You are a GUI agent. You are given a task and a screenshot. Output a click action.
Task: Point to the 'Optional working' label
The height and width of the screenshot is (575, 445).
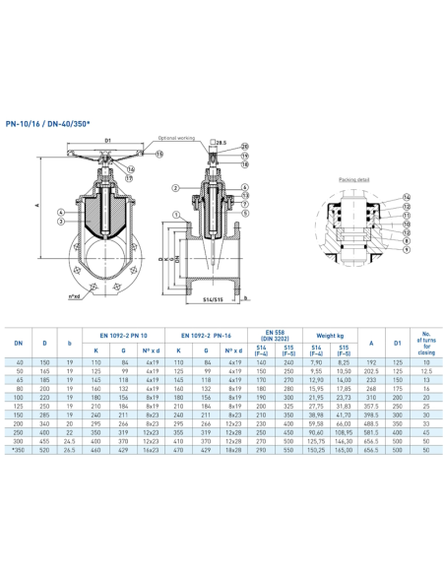pos(176,138)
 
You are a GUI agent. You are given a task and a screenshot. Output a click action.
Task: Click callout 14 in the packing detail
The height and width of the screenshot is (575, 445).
pos(407,197)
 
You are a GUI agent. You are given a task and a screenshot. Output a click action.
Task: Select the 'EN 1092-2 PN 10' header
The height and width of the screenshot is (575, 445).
pos(122,335)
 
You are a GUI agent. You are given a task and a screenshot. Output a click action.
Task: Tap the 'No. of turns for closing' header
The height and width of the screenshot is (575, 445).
pos(426,343)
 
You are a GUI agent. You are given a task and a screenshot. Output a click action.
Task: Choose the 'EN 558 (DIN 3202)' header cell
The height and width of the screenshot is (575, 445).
pos(275,335)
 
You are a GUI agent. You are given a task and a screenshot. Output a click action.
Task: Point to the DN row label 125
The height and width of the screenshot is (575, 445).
pos(18,405)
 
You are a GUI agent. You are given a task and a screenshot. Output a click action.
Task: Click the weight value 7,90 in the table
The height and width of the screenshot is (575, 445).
pos(317,362)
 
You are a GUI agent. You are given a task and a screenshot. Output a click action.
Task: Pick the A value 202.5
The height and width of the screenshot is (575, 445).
pos(370,371)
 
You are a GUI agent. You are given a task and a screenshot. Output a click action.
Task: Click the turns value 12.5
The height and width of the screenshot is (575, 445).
pos(426,371)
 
